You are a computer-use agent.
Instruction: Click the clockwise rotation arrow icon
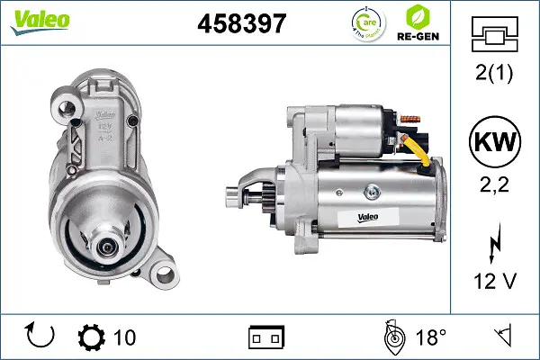tap(40, 337)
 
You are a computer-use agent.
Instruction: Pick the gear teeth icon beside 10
tap(92, 337)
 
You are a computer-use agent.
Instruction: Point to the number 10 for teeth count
tap(125, 337)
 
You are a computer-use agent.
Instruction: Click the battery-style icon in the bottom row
tap(266, 337)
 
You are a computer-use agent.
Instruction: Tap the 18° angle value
tap(431, 337)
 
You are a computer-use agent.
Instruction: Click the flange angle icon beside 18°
tap(393, 337)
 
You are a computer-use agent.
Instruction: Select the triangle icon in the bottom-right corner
tap(504, 337)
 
